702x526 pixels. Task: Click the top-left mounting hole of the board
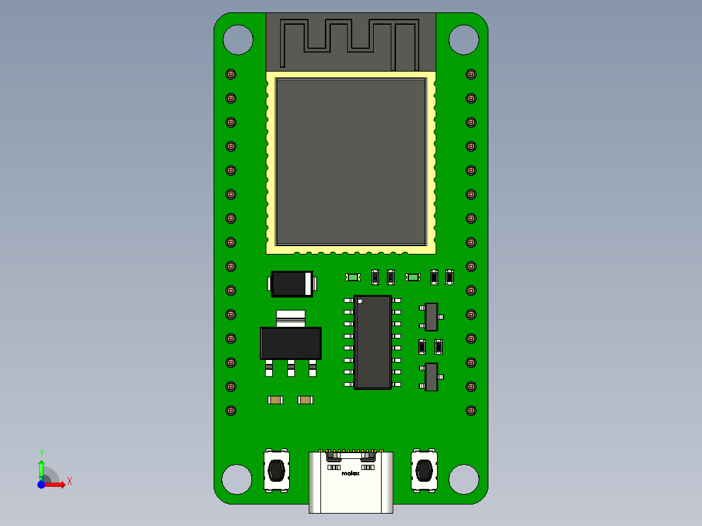(x=238, y=40)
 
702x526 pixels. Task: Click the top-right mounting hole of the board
(x=464, y=40)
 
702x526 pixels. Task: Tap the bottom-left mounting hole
(x=236, y=479)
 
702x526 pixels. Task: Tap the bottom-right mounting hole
(x=464, y=479)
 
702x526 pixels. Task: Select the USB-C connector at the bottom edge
(x=351, y=485)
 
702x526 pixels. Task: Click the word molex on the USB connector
(x=350, y=473)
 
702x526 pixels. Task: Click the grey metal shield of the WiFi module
(x=351, y=161)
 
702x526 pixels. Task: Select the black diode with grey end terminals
(x=291, y=284)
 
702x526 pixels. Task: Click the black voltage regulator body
(x=290, y=343)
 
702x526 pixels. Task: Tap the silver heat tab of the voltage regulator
(x=290, y=317)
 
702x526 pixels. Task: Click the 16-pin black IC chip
(x=372, y=342)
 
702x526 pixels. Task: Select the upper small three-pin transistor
(x=431, y=317)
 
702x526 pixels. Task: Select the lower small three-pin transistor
(x=431, y=377)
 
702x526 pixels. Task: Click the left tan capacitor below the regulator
(x=275, y=400)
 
